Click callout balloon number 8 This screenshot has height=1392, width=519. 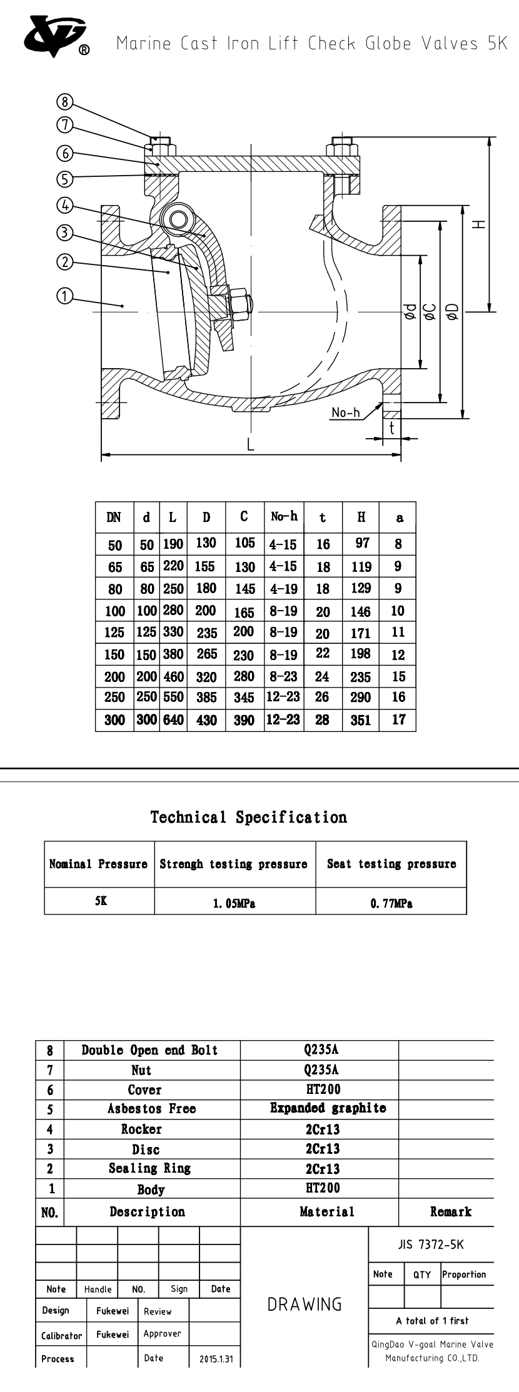[65, 101]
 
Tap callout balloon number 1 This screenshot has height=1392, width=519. [65, 296]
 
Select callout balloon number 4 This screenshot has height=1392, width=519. [65, 205]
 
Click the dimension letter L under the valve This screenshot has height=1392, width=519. [250, 444]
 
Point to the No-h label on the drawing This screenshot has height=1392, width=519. [346, 413]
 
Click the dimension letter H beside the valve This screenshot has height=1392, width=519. [478, 224]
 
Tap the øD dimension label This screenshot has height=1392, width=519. [453, 311]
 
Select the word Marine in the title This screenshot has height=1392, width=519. [143, 44]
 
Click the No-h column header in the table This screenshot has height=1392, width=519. [284, 516]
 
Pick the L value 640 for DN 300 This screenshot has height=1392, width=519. [173, 719]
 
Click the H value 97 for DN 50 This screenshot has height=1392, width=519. [362, 543]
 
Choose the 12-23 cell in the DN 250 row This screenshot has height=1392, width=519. [283, 697]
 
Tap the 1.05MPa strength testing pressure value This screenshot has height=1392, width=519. [234, 903]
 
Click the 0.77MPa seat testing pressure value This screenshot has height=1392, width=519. [391, 903]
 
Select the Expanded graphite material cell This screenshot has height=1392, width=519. [328, 1108]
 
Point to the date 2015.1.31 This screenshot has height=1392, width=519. [216, 1359]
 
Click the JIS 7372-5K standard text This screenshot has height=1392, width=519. [431, 1244]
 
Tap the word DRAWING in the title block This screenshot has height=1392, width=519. [305, 1304]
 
